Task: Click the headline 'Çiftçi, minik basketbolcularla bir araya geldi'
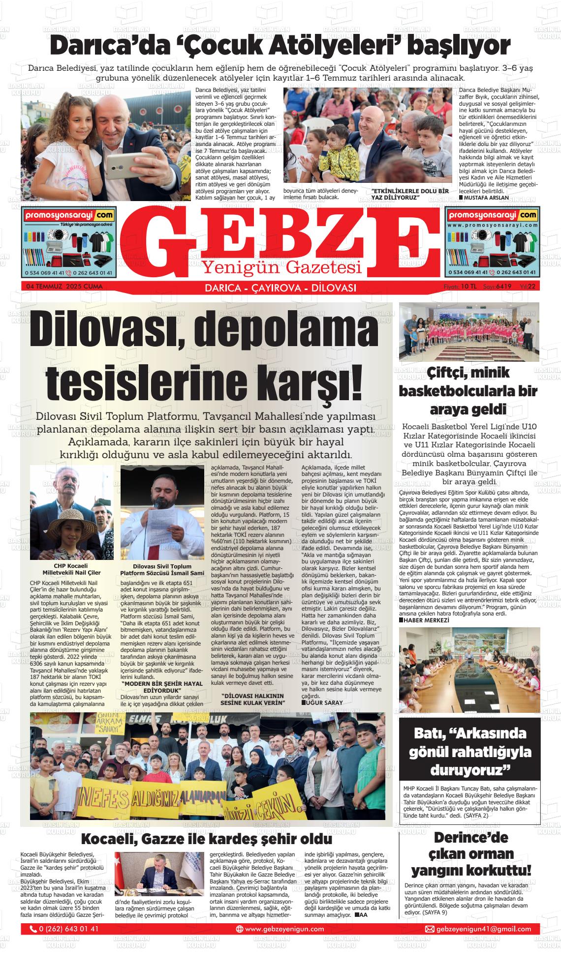click(468, 391)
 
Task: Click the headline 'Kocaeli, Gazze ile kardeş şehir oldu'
click(206, 838)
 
